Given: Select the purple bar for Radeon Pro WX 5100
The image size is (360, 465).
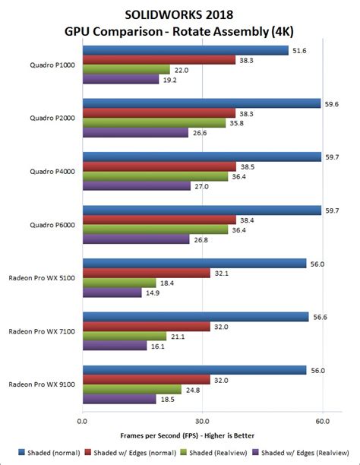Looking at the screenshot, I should pos(111,293).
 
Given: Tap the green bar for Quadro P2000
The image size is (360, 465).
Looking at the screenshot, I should pos(153,122).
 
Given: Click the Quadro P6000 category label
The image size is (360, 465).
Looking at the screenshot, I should pos(52,224).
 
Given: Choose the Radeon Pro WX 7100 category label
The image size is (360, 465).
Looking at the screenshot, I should pos(43,331).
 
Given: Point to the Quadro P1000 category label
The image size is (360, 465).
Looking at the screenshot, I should pos(52,65).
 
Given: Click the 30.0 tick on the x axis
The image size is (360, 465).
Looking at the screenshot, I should pos(202,419).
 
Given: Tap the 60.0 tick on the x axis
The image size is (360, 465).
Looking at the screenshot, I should pos(322,419).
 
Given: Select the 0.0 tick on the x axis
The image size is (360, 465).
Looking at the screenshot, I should pos(81,419).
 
